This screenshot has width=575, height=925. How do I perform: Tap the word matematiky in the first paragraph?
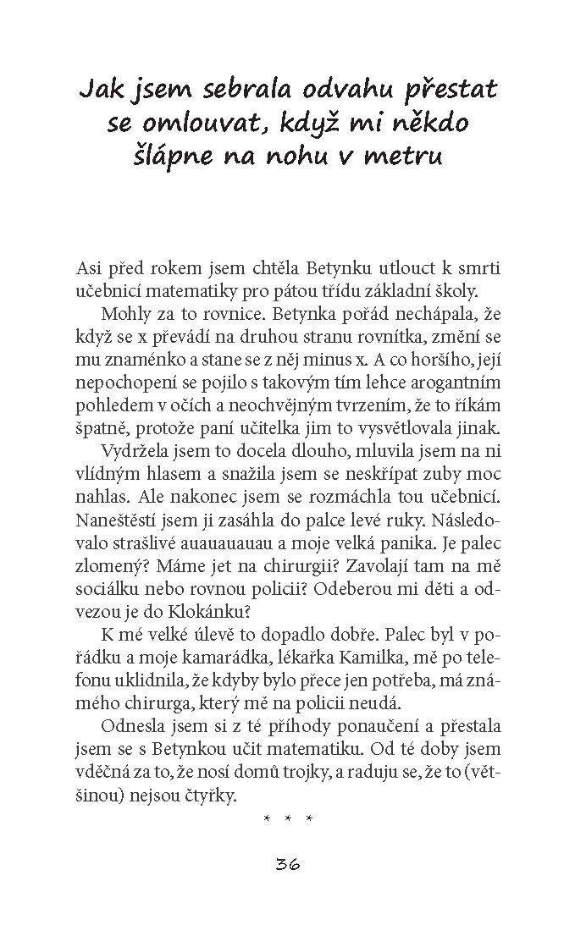coord(185,291)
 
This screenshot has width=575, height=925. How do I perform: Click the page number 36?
coord(288,864)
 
